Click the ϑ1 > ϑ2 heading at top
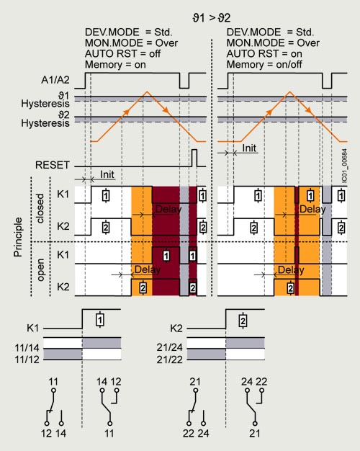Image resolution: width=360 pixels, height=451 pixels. click(212, 18)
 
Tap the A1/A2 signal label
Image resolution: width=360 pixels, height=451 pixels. click(55, 80)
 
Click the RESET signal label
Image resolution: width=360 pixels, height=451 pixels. click(53, 165)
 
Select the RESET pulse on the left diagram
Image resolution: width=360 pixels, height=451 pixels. click(194, 158)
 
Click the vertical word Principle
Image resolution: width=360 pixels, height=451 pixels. click(18, 237)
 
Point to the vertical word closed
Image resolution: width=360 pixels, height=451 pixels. click(40, 208)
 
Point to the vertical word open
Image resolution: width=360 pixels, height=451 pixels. click(40, 269)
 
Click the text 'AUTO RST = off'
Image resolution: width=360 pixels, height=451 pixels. click(123, 54)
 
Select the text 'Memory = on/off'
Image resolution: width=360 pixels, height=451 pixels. click(264, 64)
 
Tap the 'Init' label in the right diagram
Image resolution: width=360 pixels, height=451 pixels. click(249, 148)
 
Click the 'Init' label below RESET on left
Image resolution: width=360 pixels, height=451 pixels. click(107, 174)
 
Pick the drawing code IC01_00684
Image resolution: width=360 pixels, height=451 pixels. click(344, 165)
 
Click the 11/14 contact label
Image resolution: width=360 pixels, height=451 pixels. click(27, 348)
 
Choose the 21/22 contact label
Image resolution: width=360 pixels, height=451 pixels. click(170, 360)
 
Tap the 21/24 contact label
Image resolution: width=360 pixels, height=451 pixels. click(170, 347)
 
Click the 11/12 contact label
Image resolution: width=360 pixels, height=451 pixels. click(27, 360)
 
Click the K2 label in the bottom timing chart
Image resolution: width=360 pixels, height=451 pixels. click(176, 329)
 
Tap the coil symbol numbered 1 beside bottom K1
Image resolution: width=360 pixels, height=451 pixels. click(100, 320)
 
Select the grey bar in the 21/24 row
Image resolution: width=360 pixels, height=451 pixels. click(245, 343)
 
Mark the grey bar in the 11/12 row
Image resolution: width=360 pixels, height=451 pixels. click(63, 354)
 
